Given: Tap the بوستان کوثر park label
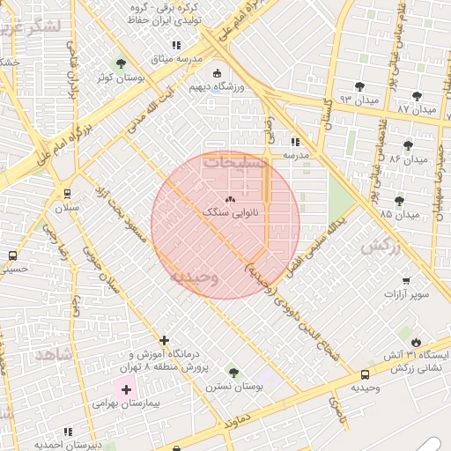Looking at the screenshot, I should pos(120,78).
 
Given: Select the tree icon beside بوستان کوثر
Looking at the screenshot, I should pos(121,63).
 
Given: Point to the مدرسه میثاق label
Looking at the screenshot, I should pos(176,59).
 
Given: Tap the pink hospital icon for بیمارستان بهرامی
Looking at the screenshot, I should pos(126,389).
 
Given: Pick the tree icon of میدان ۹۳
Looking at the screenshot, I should pos(359,86).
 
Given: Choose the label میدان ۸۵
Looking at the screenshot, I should pos(399,214).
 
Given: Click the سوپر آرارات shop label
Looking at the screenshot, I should pos(406,294).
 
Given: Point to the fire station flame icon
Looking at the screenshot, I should pos(415,340).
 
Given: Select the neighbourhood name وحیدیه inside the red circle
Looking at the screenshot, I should pos(194,277).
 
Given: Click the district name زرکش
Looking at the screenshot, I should pos(381,247).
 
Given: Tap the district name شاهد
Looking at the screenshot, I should pos(53,354).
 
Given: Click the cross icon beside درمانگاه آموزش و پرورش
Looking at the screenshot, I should pos(164,340).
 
